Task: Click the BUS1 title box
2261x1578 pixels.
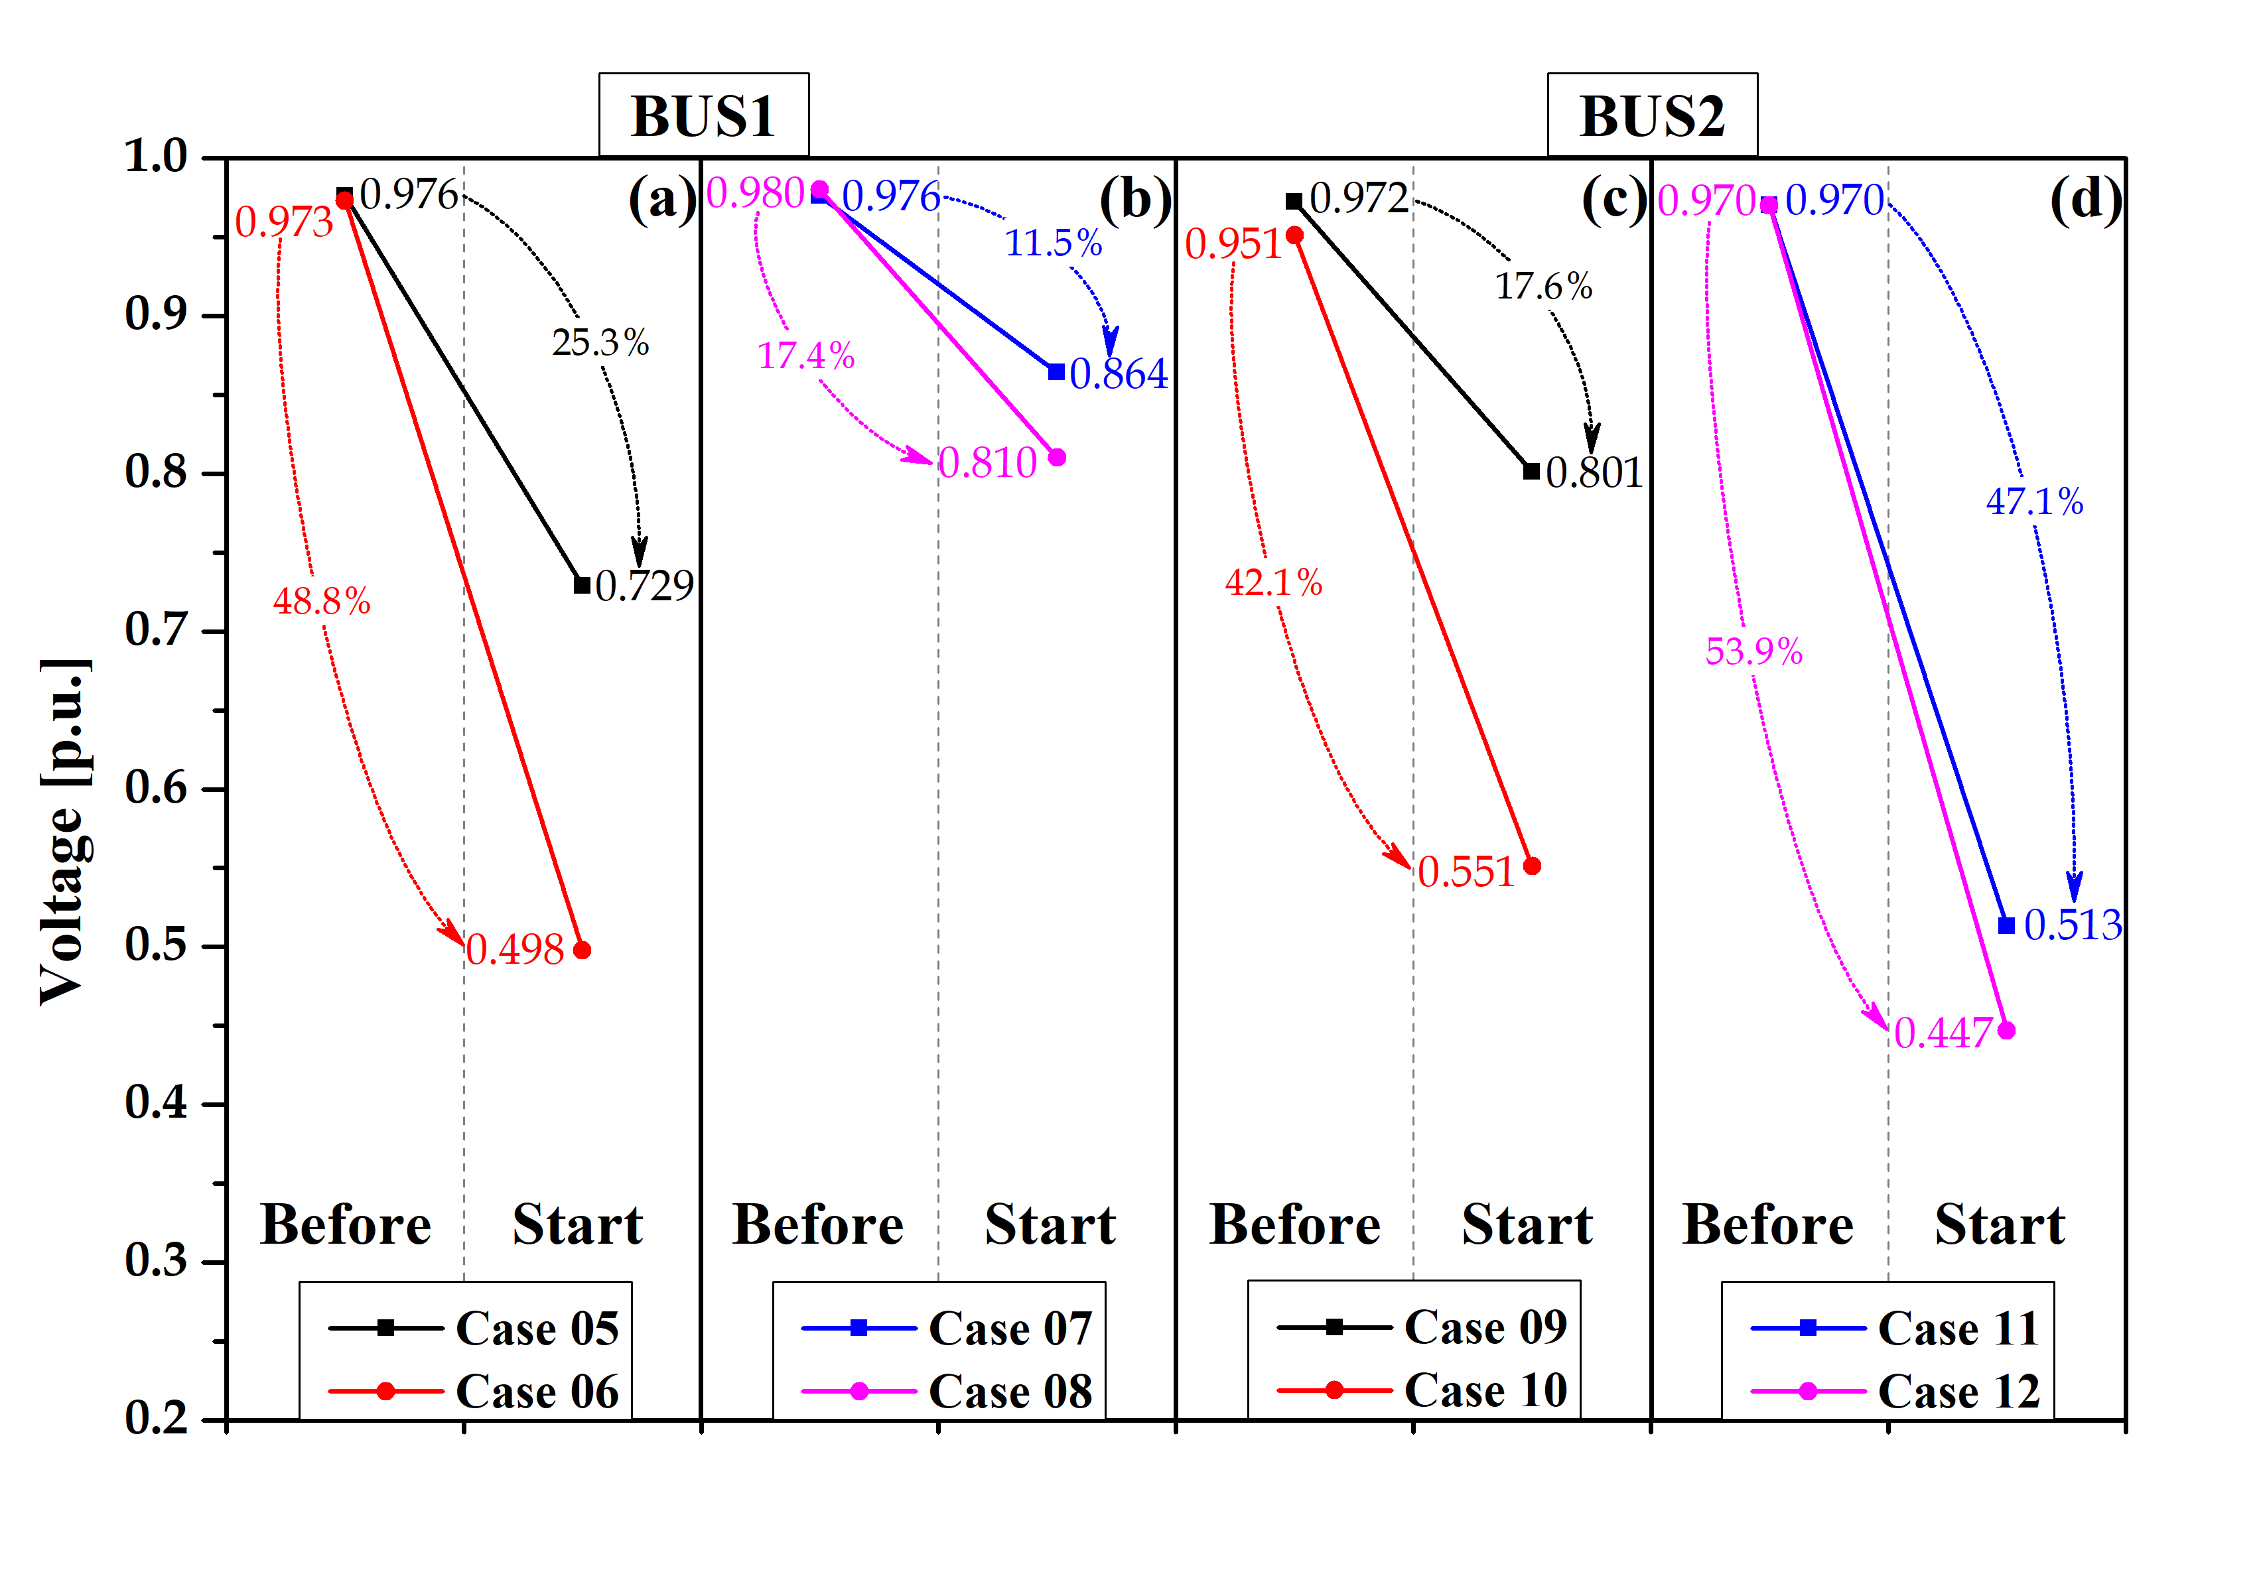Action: tap(703, 115)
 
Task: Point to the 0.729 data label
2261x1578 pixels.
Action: tap(644, 586)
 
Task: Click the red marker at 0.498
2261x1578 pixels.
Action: tap(582, 950)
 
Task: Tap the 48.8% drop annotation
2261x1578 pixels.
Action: tap(321, 600)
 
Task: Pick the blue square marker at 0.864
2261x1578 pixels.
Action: tap(1056, 372)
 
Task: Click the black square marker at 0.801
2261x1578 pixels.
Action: tap(1531, 472)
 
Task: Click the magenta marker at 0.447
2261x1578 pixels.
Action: tap(2007, 1031)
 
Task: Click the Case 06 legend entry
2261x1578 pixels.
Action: tap(537, 1391)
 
